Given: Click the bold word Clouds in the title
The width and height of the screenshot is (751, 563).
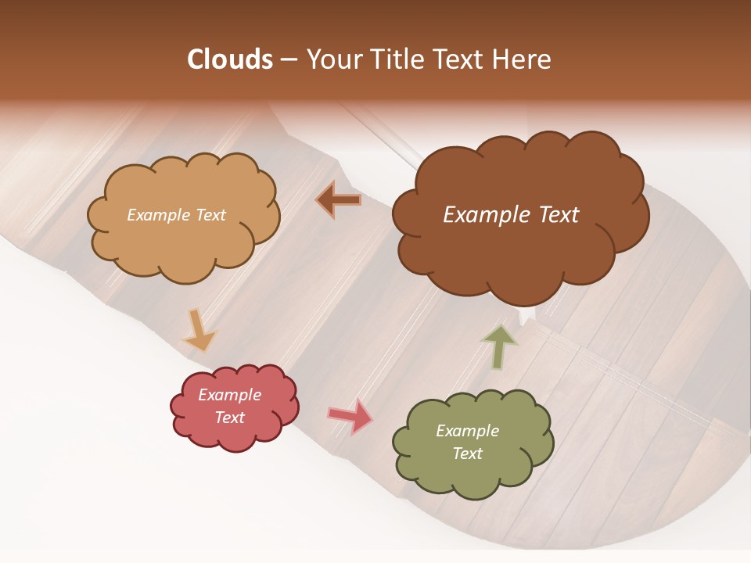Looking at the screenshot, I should pos(230,59).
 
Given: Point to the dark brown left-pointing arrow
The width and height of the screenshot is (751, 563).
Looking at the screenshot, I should pos(339,201).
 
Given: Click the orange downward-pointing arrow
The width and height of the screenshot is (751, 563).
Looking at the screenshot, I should pos(199,330).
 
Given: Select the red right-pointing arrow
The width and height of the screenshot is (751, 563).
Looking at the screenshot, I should pos(350,416).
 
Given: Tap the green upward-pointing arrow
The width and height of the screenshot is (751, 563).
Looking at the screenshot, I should pos(499,346).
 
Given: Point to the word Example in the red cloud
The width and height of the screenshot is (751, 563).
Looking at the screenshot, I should pos(229,395).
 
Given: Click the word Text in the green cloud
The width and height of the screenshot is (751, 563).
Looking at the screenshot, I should pos(467,454).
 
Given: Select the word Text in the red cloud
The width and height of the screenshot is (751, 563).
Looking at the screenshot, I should pos(229,418).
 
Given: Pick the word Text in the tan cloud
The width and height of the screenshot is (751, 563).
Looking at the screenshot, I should pos(210,215).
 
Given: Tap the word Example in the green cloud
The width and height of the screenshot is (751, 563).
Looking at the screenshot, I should pos(467,431).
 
